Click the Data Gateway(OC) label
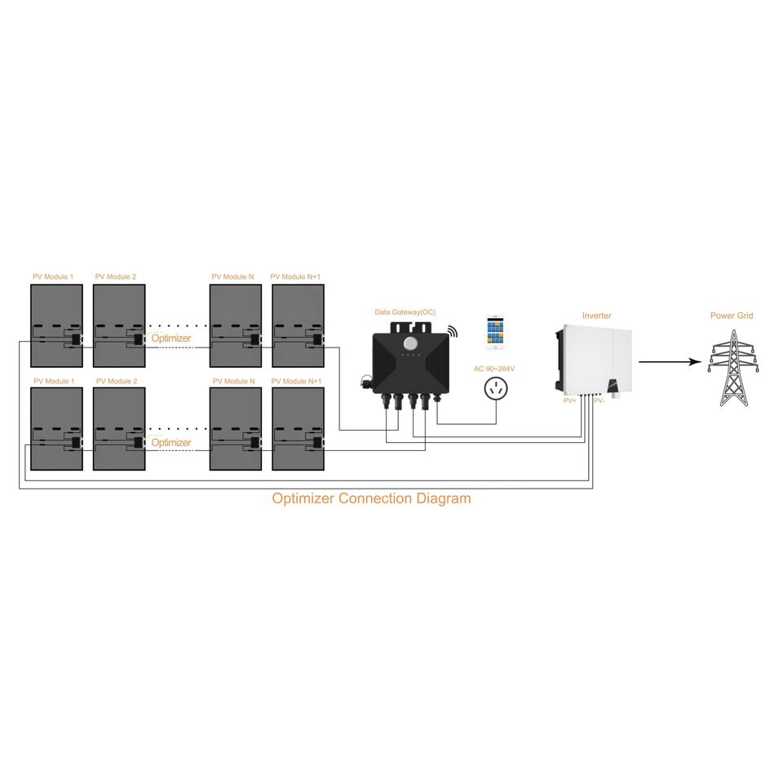(x=405, y=312)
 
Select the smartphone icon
(x=496, y=333)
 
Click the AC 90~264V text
(x=494, y=369)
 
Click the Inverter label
(x=596, y=316)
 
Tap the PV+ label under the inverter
(x=570, y=400)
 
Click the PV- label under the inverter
(x=599, y=400)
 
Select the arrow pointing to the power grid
(x=670, y=361)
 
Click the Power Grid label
(x=732, y=316)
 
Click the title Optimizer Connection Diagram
(x=371, y=498)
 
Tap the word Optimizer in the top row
(x=171, y=338)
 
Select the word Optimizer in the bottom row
(x=171, y=442)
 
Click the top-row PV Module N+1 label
(x=295, y=277)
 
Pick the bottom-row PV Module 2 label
(x=117, y=381)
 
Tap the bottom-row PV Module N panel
(x=236, y=428)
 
